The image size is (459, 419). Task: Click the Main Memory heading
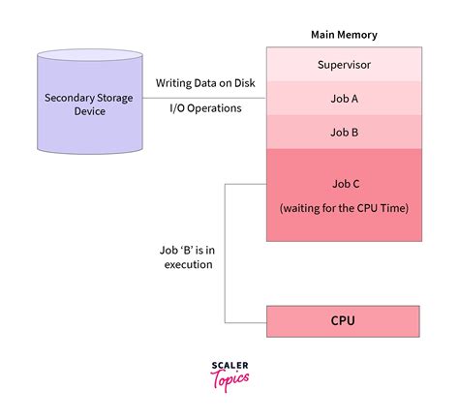coord(344,35)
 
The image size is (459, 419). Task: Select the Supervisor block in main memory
coord(344,66)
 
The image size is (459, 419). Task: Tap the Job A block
coord(344,98)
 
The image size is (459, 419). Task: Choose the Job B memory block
coord(344,131)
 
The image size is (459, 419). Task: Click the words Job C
coord(344,183)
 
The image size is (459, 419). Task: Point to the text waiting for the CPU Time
coord(344,206)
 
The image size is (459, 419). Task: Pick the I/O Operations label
coord(205,109)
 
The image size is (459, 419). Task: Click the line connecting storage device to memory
coord(205,96)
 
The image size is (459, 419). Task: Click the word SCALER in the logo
coord(229,366)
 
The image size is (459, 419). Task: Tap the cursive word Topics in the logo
coord(229,379)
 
